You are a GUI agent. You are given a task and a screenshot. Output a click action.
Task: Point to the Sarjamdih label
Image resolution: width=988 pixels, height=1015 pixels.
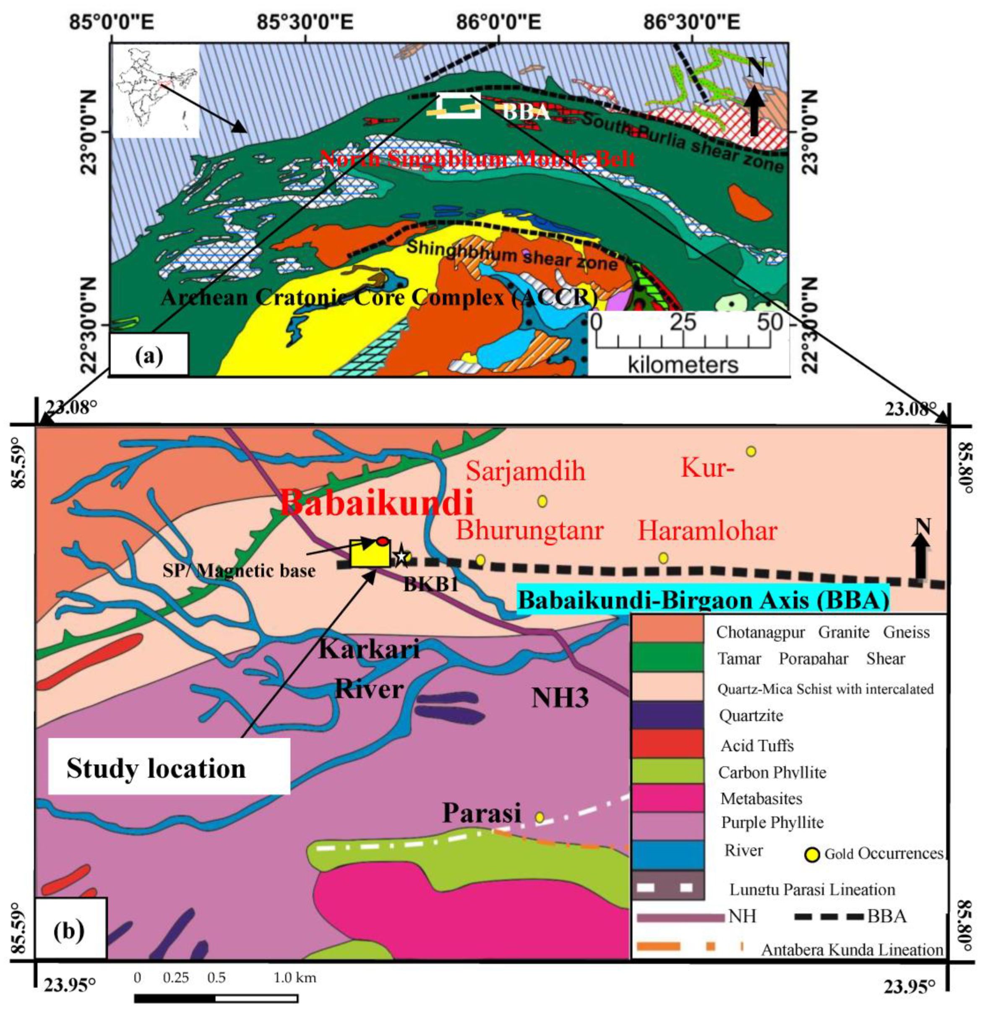click(525, 472)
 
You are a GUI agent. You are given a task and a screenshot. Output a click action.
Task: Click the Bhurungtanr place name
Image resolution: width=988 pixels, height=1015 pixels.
click(529, 531)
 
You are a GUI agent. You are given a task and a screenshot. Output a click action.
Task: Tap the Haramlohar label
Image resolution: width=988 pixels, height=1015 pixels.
click(707, 531)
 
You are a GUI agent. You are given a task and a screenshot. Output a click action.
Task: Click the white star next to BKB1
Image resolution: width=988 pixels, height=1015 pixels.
click(401, 556)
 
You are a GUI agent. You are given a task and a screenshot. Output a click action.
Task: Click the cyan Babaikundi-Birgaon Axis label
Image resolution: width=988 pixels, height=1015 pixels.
click(703, 600)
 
